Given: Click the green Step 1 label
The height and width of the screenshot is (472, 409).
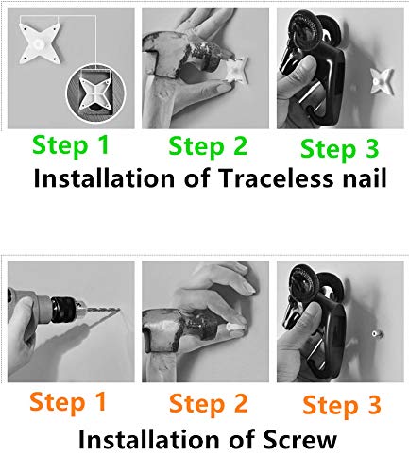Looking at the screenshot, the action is [71, 145].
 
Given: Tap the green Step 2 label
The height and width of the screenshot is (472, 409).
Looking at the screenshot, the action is [208, 146].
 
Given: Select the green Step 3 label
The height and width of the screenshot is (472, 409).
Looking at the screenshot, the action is [339, 149].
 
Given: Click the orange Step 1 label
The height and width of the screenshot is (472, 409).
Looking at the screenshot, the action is [68, 402].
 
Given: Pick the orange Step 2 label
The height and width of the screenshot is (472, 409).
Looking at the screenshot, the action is [209, 404].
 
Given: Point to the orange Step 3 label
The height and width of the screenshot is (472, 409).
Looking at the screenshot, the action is [342, 406].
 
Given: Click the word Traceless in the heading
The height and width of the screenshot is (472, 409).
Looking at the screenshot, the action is [275, 178].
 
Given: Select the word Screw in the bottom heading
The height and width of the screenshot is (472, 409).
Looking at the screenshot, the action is [300, 439].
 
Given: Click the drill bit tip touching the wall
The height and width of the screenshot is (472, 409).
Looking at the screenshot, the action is [120, 311].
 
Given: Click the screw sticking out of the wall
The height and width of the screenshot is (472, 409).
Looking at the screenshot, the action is [376, 334].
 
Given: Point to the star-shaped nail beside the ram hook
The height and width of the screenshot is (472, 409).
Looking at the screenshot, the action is [382, 81].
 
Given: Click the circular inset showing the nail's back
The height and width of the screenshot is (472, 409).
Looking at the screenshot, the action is [95, 93].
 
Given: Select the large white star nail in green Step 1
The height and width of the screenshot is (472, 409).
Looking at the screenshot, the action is [39, 43].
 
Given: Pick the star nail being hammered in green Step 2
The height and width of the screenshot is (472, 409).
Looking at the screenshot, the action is [237, 71].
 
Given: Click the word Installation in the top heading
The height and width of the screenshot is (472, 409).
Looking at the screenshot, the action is [104, 178].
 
